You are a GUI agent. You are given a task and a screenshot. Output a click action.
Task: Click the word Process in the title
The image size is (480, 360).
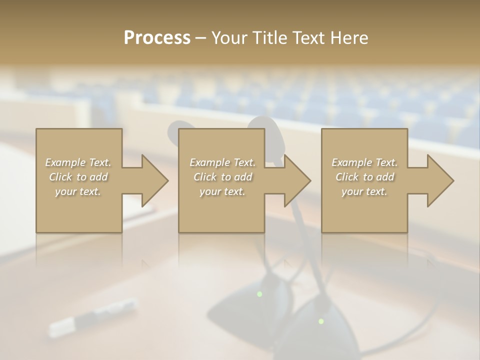(x=157, y=38)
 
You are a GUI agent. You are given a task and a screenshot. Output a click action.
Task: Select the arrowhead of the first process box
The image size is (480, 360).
(x=153, y=180)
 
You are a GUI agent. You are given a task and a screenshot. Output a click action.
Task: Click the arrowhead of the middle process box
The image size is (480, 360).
(x=296, y=180)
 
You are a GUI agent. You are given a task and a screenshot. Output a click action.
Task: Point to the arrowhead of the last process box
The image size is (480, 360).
(x=439, y=180)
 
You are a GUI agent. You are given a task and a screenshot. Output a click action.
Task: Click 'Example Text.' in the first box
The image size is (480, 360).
(x=78, y=162)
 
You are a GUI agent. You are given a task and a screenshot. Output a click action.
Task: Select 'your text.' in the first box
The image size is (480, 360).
(x=78, y=191)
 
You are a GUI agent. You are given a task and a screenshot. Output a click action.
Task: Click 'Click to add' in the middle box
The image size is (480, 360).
(x=222, y=177)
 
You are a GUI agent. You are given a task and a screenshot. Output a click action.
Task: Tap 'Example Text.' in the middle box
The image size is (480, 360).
(x=222, y=162)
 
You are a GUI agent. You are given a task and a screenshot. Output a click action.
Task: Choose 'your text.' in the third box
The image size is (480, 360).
(x=364, y=191)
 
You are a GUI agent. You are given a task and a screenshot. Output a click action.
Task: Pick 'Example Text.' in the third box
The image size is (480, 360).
(x=364, y=162)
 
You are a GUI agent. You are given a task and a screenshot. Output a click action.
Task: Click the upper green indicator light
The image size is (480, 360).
(x=259, y=294)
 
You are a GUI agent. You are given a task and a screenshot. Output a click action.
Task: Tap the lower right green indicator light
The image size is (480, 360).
(x=321, y=321)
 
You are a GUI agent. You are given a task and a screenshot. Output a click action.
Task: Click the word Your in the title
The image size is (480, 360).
(x=229, y=38)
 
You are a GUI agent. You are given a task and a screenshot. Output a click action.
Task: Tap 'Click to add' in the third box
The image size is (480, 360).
(x=364, y=177)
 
